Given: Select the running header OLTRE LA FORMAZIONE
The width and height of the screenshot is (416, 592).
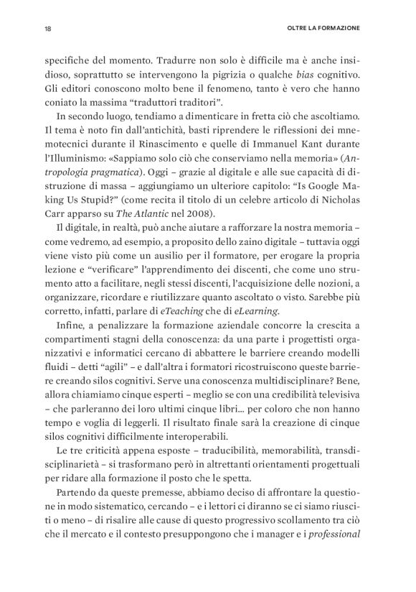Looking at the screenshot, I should [321, 29].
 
